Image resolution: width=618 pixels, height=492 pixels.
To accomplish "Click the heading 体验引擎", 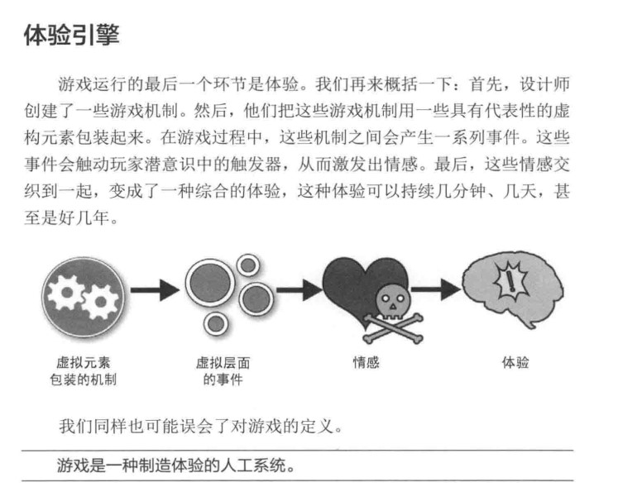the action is pos(71,35).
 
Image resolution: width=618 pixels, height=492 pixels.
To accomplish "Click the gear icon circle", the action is pos(83,298).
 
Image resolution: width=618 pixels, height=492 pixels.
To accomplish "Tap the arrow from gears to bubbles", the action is pos(155,290).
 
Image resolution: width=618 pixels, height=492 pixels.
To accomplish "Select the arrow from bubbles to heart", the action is pos(299,290).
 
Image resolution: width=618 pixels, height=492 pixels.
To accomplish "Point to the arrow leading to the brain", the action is pos(436,290).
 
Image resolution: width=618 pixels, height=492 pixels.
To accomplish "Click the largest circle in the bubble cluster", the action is pos(210,283).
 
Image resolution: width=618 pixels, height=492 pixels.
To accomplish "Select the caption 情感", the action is pos(366,362).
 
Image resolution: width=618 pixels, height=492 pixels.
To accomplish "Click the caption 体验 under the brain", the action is pos(515,362).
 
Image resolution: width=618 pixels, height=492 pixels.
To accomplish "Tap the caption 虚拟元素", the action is pos(84,362).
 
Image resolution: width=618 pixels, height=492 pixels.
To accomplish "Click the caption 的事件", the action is pos(223,380).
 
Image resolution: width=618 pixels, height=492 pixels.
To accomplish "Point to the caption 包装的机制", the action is pos(84,380).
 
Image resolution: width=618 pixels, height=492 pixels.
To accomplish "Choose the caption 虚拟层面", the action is pos(223,362).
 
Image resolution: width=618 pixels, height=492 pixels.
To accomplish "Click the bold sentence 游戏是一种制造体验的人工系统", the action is pos(175,466).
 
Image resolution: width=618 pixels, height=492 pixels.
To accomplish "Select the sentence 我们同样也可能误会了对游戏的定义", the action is pos(200,426).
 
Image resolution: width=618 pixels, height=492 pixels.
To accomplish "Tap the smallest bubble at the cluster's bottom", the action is pos(216,324).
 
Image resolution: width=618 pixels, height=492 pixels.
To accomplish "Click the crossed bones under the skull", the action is pos(393,328).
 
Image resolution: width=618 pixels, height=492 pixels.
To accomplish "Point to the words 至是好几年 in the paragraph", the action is pos(67,217).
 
